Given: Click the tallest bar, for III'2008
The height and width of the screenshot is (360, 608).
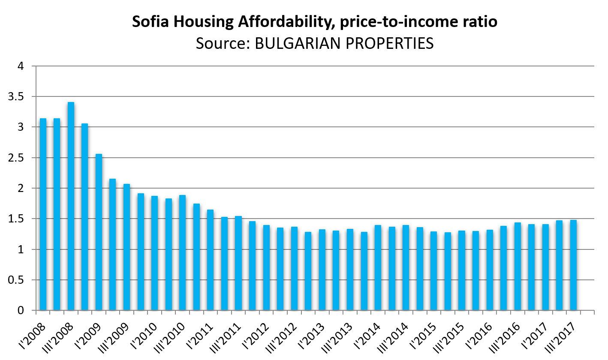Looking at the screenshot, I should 71,206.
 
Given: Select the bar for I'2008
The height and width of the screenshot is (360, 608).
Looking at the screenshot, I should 43,214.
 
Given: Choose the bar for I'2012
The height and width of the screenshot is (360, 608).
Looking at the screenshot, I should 252,266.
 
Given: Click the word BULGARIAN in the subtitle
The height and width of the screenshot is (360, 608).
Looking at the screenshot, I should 294,43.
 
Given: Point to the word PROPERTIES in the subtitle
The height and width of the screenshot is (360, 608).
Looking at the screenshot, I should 385,43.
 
